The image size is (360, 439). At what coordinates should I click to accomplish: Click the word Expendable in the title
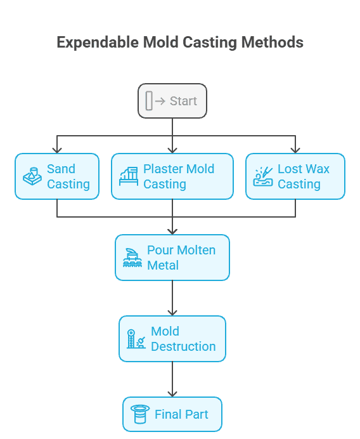[x=98, y=43]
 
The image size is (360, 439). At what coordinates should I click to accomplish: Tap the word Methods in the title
[x=273, y=43]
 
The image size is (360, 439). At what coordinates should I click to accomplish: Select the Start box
[x=172, y=101]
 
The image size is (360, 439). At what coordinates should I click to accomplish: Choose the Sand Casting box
[x=57, y=176]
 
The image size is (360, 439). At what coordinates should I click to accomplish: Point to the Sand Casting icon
[x=32, y=176]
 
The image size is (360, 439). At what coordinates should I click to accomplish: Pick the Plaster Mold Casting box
[x=172, y=176]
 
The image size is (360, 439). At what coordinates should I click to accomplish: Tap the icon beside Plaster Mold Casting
[x=129, y=176]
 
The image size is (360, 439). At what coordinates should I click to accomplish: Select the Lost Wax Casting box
[x=295, y=176]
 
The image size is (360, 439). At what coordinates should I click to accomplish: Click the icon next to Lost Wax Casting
[x=263, y=176]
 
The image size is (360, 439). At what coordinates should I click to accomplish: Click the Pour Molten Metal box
[x=172, y=258]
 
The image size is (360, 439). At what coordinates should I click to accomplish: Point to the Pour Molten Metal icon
[x=132, y=258]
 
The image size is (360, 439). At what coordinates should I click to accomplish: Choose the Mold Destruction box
[x=172, y=339]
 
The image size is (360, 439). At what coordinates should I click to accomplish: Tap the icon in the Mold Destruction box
[x=136, y=339]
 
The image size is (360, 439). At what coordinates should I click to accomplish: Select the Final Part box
[x=172, y=414]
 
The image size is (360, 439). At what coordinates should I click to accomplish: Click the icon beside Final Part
[x=140, y=414]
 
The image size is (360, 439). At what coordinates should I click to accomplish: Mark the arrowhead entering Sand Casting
[x=57, y=150]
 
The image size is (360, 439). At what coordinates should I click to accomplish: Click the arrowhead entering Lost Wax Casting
[x=295, y=150]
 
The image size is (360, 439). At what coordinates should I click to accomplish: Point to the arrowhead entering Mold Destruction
[x=172, y=313]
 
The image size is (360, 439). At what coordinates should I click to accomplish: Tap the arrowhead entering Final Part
[x=172, y=394]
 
